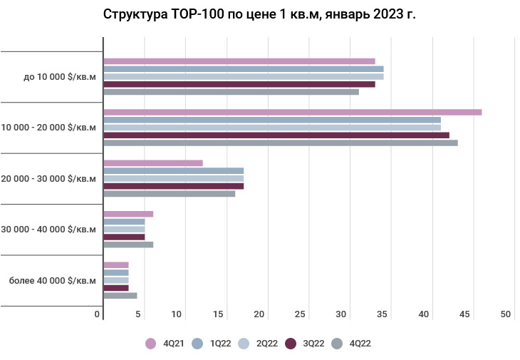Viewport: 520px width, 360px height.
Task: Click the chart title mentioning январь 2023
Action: point(259,14)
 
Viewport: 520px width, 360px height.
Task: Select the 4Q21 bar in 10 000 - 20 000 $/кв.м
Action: point(292,112)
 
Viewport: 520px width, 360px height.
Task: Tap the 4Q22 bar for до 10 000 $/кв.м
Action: point(231,91)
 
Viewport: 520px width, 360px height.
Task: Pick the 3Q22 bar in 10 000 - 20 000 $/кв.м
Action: point(276,135)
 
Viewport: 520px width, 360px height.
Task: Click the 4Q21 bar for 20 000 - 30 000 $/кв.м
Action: point(153,163)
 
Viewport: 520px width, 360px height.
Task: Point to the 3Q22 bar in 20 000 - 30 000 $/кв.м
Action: point(174,186)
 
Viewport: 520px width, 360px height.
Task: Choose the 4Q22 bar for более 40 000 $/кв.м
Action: point(120,295)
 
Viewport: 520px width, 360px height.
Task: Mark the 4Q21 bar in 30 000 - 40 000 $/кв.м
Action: point(128,214)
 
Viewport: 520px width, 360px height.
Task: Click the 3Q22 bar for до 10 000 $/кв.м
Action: point(239,84)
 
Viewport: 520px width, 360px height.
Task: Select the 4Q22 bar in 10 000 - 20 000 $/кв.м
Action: point(281,143)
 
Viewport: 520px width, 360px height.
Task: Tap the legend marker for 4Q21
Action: point(150,344)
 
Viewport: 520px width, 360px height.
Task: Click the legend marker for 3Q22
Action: point(291,344)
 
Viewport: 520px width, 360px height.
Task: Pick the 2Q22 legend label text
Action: point(267,344)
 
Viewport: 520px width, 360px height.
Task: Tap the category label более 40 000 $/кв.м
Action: point(52,280)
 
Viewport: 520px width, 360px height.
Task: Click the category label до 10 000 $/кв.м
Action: point(59,76)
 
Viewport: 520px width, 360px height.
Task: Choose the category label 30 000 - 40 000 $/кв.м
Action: point(49,230)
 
